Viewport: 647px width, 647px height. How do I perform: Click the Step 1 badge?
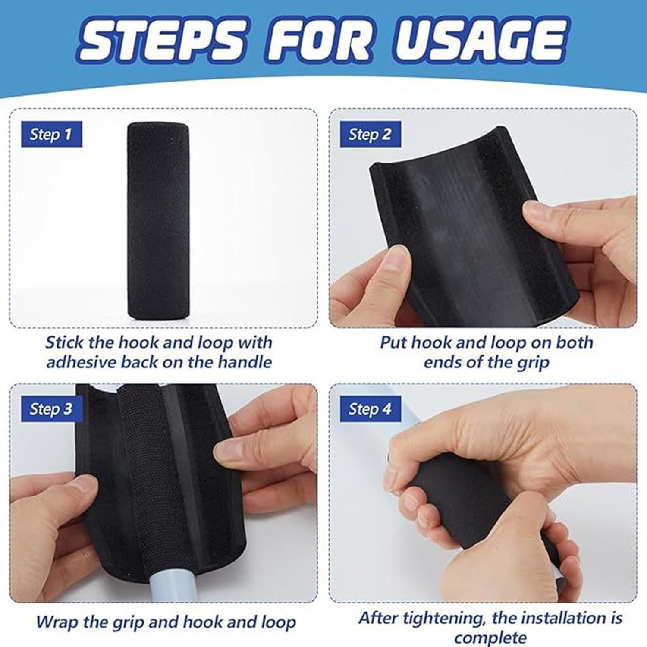51,135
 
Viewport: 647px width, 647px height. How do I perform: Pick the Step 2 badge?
371,135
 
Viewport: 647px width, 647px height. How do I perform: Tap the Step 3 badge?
51,409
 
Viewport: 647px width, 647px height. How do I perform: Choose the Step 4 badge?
371,409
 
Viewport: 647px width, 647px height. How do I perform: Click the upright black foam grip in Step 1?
157,221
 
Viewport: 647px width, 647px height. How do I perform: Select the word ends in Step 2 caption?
441,362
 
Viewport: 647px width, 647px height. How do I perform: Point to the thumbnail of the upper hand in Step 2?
532,212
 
